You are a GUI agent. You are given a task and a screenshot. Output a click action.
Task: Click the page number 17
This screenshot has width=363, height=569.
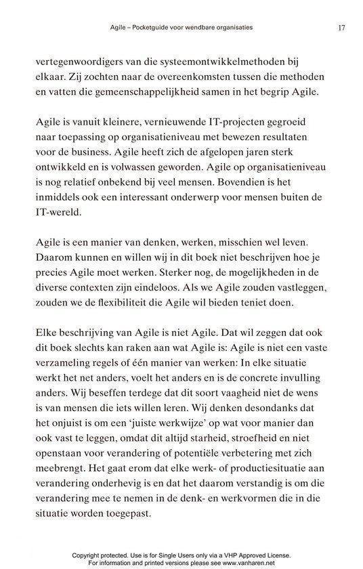[x=341, y=28]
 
